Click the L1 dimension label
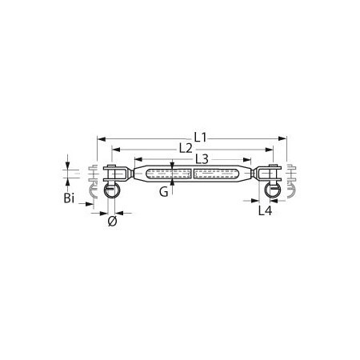tap(200, 138)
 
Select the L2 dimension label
tap(186, 149)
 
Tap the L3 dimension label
tap(202, 159)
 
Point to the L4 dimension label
tap(265, 210)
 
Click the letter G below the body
tap(164, 192)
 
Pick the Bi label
tap(69, 198)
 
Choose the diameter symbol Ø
tap(113, 222)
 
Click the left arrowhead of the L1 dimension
tap(102, 139)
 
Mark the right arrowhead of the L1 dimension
tap(282, 138)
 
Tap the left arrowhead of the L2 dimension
tap(116, 150)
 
